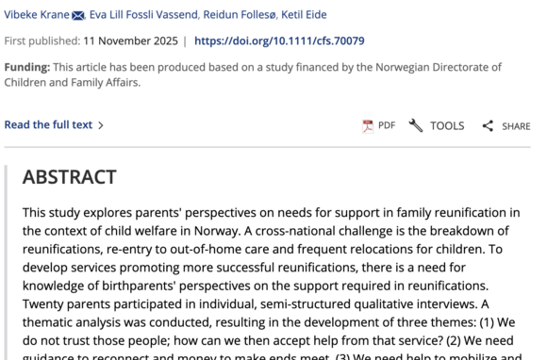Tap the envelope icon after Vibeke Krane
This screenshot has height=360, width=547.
pos(78,15)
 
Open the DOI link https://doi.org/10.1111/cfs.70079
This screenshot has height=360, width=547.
pos(279,41)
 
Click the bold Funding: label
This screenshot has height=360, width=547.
pos(27,67)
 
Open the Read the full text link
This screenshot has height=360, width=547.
pos(49,124)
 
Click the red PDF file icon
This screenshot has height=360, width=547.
pos(368,126)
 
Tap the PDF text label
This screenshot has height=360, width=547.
pos(387,125)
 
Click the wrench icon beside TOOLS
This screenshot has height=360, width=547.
pos(416,125)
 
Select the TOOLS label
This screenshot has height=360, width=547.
pos(447,125)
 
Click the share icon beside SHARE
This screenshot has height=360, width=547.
pos(488,126)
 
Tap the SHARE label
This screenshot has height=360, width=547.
pos(516,126)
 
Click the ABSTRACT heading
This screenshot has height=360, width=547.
pos(70,177)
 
